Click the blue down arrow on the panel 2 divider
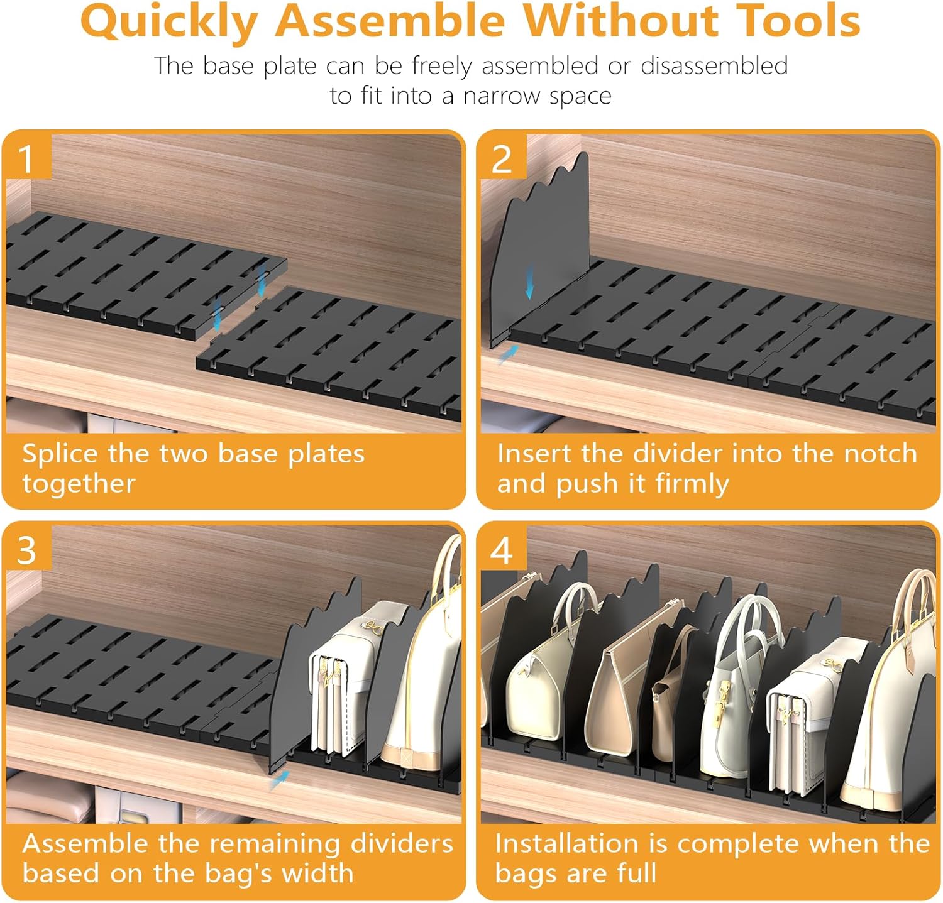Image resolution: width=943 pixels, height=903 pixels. tap(530, 282)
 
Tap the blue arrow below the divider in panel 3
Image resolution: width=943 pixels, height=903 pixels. tap(279, 780)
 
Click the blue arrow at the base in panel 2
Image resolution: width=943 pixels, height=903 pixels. tap(507, 354)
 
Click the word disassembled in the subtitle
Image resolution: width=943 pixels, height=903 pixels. tap(714, 65)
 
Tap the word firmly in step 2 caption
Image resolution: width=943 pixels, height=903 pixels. tap(692, 484)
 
